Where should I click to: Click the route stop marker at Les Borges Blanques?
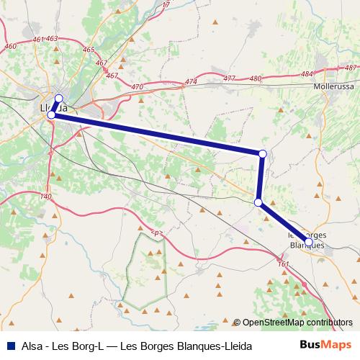click(308, 242)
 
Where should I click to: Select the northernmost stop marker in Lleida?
click(59, 99)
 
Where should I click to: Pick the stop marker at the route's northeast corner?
click(263, 153)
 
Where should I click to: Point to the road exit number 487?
click(351, 68)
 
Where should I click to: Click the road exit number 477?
click(230, 78)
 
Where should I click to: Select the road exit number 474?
click(191, 82)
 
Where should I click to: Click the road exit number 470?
click(138, 86)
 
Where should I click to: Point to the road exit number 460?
click(10, 46)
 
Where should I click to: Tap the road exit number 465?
click(89, 50)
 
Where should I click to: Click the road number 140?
click(48, 196)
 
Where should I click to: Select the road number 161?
click(283, 264)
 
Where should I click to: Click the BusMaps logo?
click(326, 346)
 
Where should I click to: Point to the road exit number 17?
click(166, 5)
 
